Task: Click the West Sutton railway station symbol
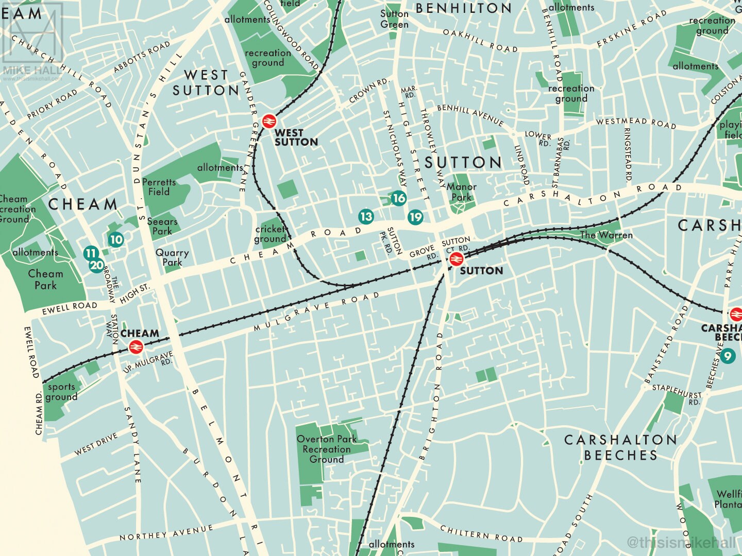(268, 121)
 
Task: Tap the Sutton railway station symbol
(455, 259)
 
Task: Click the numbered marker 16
(398, 198)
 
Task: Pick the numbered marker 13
(366, 216)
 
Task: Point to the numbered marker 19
(415, 217)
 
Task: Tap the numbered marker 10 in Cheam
(116, 239)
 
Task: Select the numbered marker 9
(728, 356)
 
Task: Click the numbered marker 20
(96, 266)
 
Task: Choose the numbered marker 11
(91, 253)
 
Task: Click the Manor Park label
(461, 192)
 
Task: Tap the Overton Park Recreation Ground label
(327, 449)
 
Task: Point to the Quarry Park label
(172, 257)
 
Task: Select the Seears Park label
(162, 227)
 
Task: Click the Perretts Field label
(159, 187)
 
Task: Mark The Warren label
(606, 235)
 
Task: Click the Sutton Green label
(394, 19)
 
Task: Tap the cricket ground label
(270, 234)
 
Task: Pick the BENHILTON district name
(463, 8)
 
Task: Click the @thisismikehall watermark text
(681, 542)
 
